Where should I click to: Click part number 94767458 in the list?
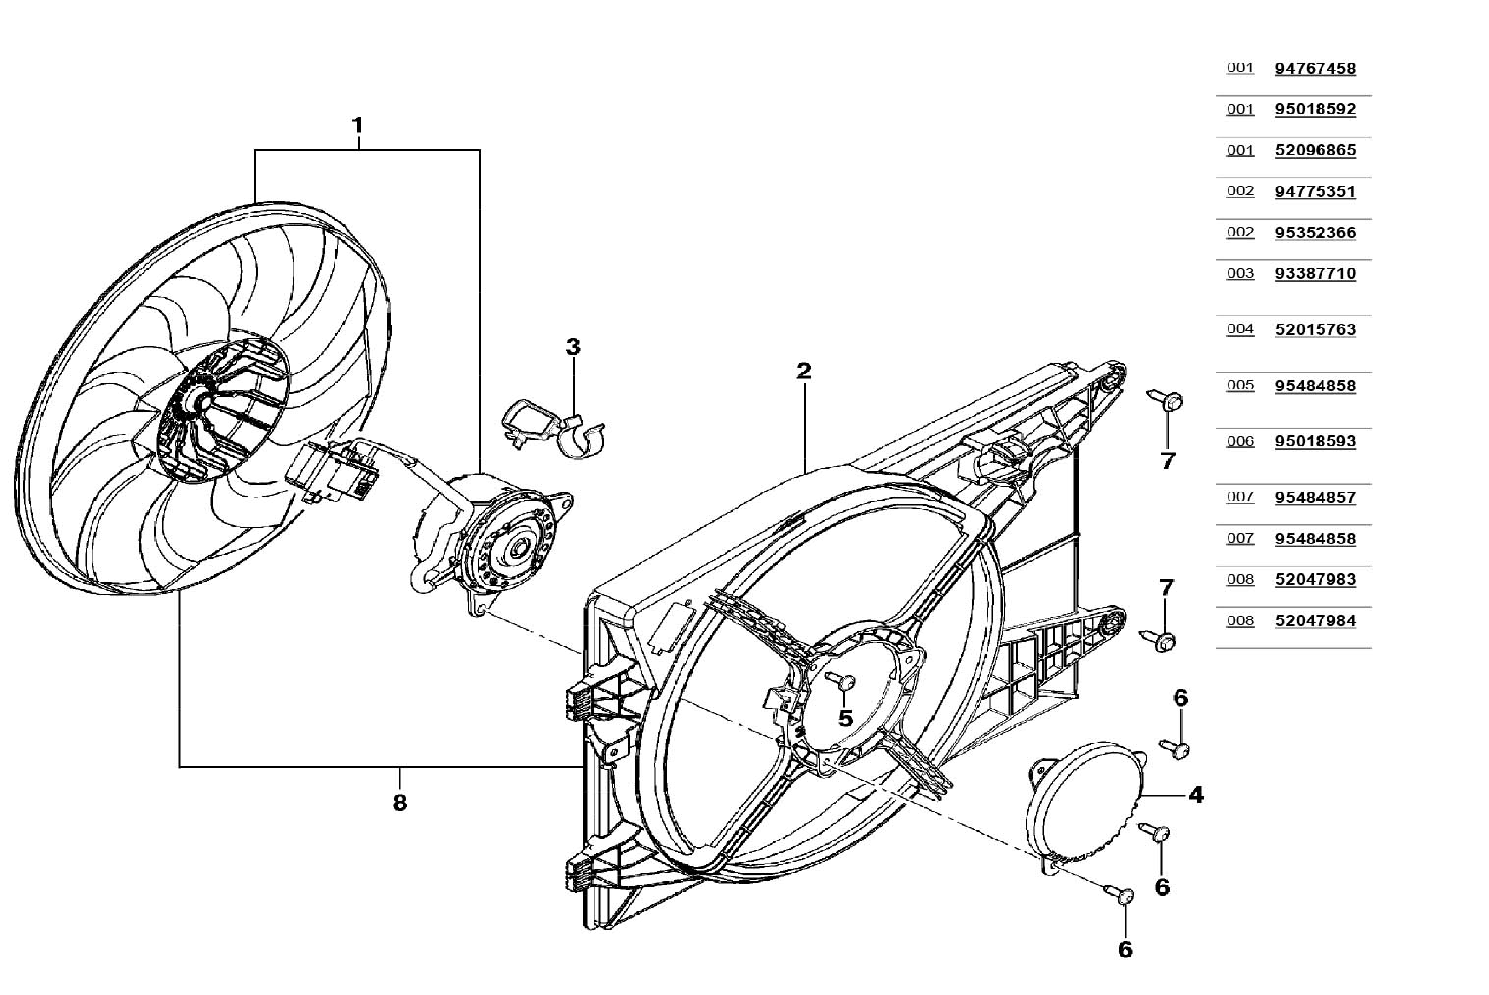[1315, 68]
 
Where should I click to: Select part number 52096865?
[1315, 150]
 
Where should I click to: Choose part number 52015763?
[1315, 329]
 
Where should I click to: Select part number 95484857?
[1315, 497]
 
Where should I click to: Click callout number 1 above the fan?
[358, 125]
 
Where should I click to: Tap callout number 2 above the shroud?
[804, 371]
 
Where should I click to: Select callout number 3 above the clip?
[573, 347]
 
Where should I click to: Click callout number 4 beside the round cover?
[1195, 795]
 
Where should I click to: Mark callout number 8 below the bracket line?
[399, 803]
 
